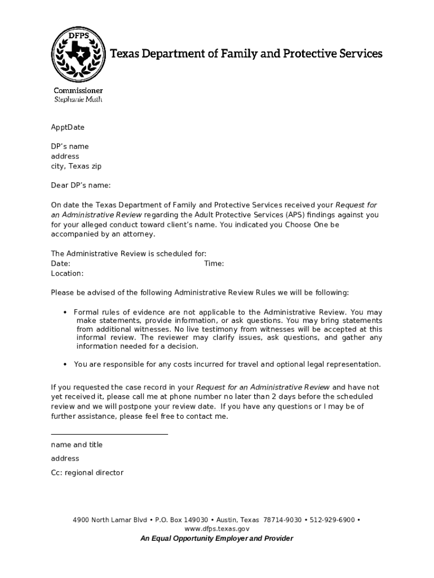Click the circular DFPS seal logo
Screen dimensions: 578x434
tap(78, 53)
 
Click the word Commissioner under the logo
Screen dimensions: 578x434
tap(78, 90)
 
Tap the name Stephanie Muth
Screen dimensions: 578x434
tap(78, 99)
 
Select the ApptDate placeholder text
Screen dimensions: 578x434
tap(68, 127)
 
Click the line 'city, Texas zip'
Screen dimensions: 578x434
tap(76, 166)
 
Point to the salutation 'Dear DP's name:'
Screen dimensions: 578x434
tap(81, 185)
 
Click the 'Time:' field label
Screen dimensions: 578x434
tap(214, 264)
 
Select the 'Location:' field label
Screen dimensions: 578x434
tap(67, 273)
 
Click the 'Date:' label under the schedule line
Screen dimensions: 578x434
tap(60, 264)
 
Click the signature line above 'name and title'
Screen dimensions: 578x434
tap(109, 434)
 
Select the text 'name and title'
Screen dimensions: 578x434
tap(77, 445)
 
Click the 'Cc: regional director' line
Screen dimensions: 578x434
tap(87, 472)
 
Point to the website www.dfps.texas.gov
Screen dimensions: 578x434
tap(217, 529)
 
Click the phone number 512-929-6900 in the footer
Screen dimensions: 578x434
tap(331, 519)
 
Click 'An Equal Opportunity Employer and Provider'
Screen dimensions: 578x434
tap(217, 538)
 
